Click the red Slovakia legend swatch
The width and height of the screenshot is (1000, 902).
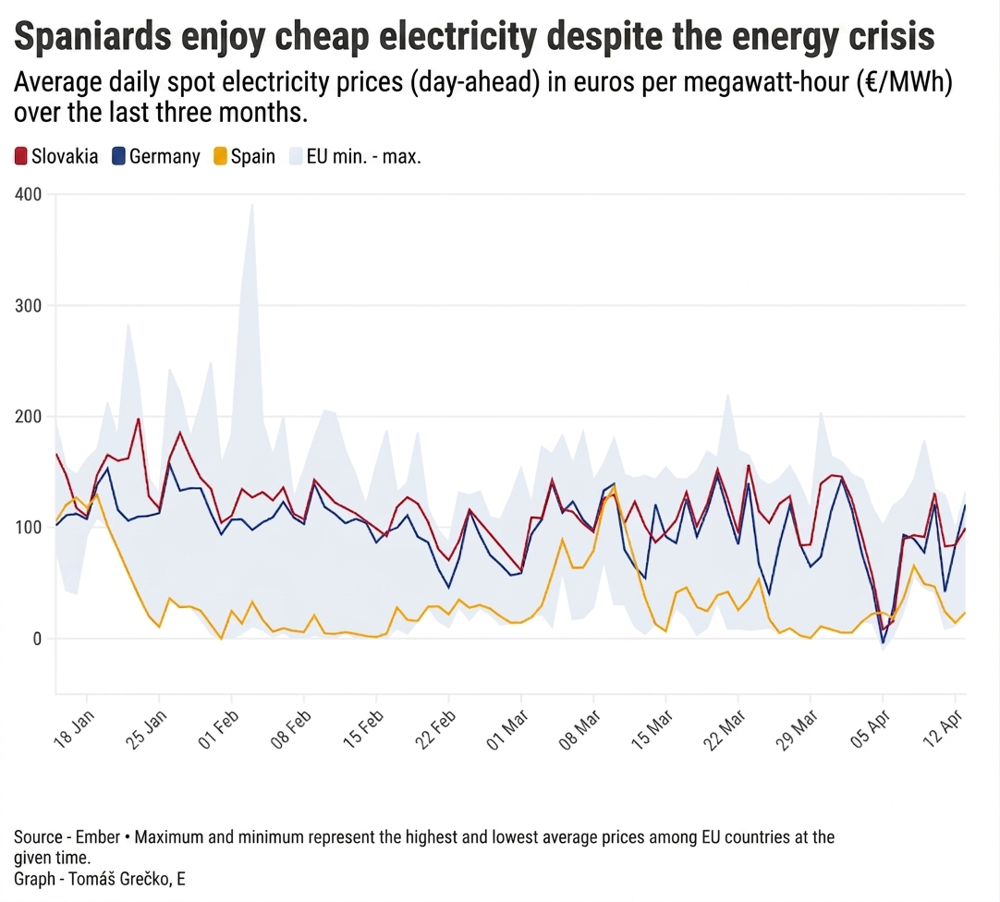(21, 156)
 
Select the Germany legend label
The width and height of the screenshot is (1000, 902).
(165, 156)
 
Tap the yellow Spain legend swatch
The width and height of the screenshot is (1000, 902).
(219, 156)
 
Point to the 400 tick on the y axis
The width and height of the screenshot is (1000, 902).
(29, 194)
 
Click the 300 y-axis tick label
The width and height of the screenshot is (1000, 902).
(29, 306)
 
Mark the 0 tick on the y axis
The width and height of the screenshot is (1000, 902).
(36, 639)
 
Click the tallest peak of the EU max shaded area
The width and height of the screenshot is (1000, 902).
(250, 204)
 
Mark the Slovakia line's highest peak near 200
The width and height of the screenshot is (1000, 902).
(138, 419)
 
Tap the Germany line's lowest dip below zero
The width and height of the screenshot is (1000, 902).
(883, 642)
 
